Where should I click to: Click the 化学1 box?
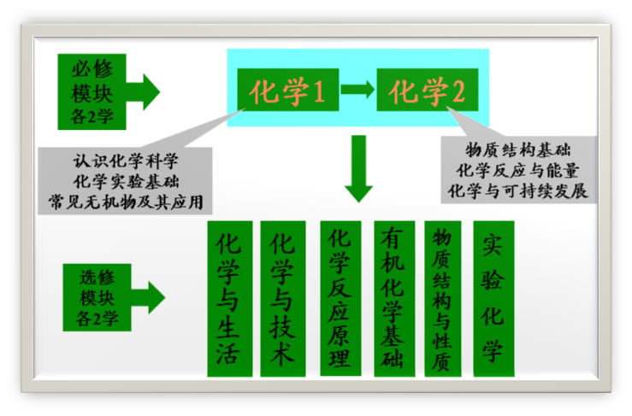tap(287, 90)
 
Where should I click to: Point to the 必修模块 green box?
tap(92, 91)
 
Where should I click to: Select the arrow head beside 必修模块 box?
tap(146, 91)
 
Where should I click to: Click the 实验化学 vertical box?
tap(493, 298)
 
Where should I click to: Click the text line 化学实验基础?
tap(125, 180)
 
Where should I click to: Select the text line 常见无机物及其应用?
tap(125, 202)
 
